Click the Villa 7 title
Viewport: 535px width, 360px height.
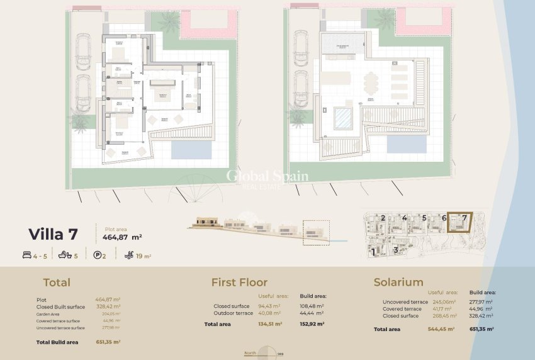pyautogui.click(x=53, y=235)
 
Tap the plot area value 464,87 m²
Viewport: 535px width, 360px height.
pyautogui.click(x=122, y=237)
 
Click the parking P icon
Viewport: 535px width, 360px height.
pyautogui.click(x=97, y=256)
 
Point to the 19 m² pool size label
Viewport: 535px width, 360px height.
pyautogui.click(x=143, y=256)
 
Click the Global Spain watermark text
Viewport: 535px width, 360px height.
pyautogui.click(x=267, y=177)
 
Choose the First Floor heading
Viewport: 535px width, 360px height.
pyautogui.click(x=239, y=283)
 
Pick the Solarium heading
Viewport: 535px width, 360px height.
pyautogui.click(x=398, y=283)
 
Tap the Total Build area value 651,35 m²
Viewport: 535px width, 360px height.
pyautogui.click(x=108, y=342)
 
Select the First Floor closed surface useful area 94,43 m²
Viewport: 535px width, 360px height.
pyautogui.click(x=269, y=307)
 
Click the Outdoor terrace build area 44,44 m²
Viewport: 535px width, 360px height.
pyautogui.click(x=312, y=313)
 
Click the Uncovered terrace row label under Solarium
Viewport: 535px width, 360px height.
pyautogui.click(x=405, y=302)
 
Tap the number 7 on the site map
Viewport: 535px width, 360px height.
pyautogui.click(x=465, y=218)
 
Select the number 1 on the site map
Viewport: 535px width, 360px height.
pyautogui.click(x=373, y=252)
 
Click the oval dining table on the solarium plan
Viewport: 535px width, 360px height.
pyautogui.click(x=371, y=81)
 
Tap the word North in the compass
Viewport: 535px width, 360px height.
pyautogui.click(x=250, y=354)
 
